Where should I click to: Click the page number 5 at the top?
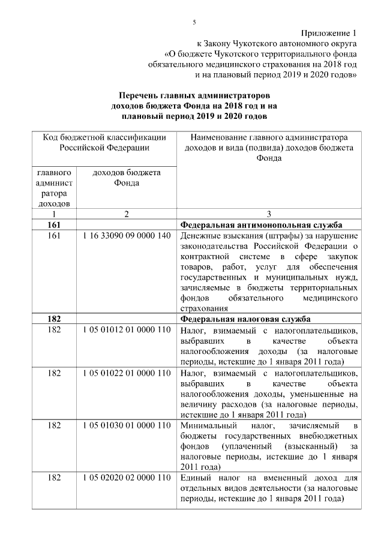pos(193,22)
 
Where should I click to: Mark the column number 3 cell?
pos(269,214)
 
